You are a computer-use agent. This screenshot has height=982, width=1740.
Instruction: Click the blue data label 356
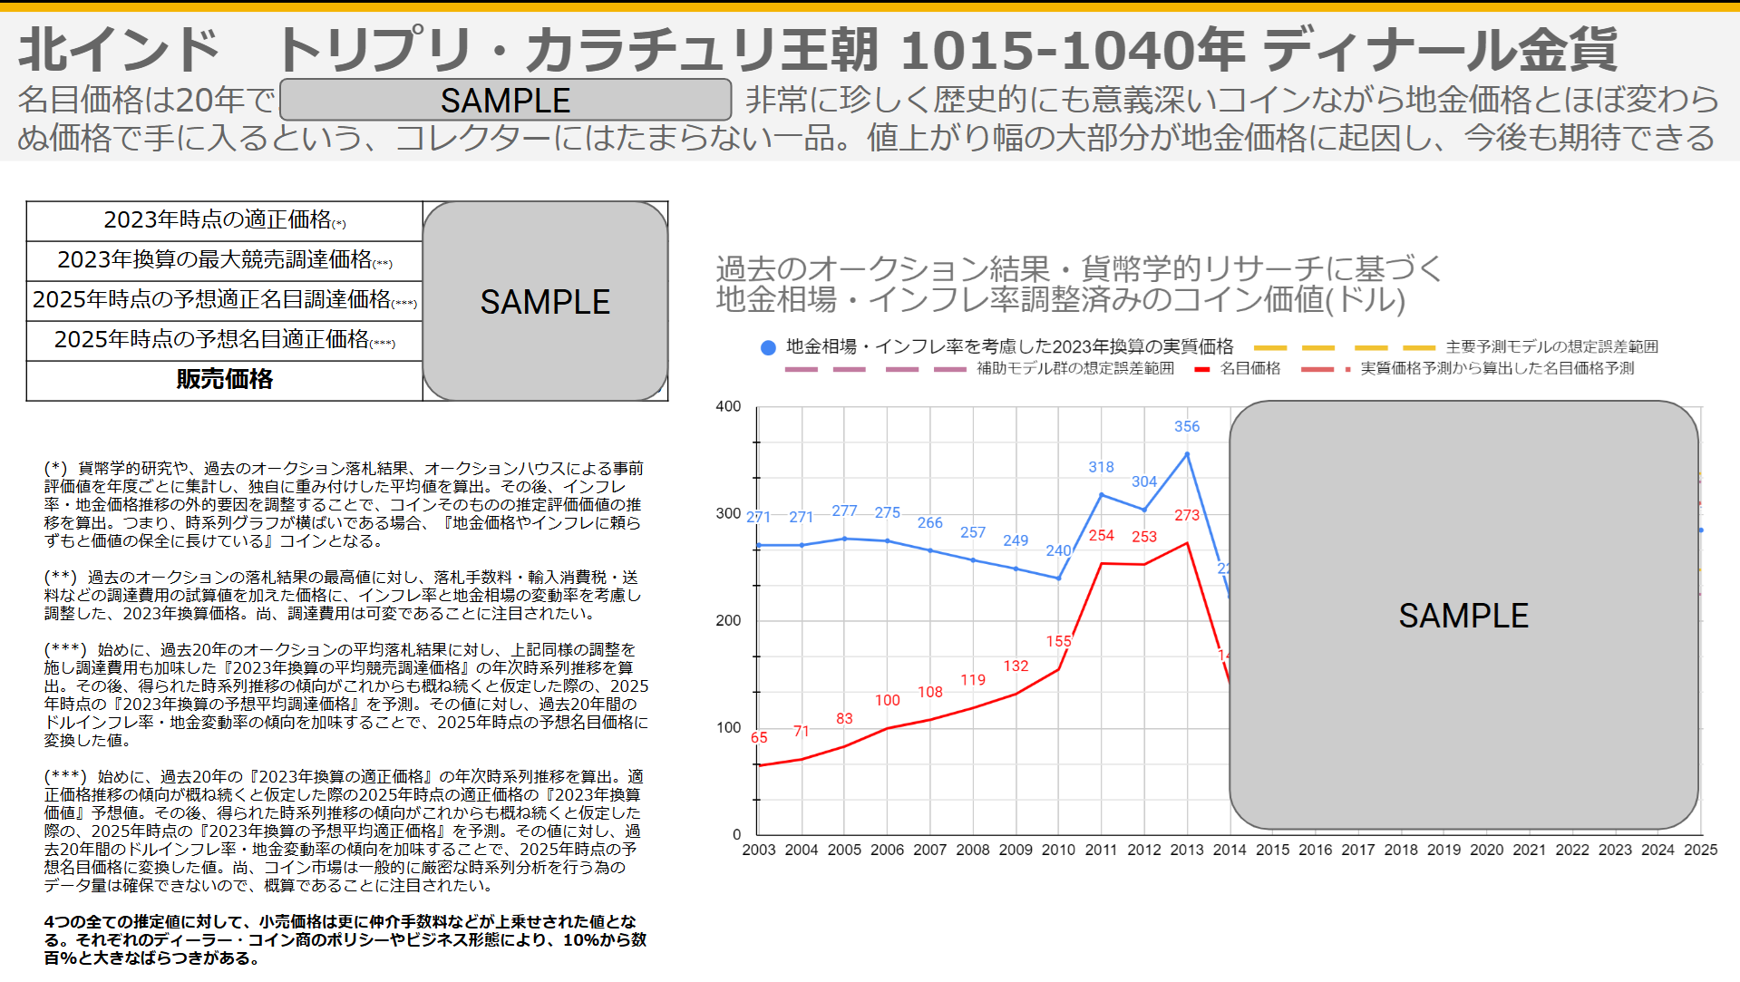1186,426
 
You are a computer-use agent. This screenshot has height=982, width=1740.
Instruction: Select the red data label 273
1186,515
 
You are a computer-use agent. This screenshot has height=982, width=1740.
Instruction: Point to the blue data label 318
1101,467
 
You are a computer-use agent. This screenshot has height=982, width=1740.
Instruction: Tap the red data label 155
1058,641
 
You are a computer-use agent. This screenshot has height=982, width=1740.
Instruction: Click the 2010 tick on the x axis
1058,850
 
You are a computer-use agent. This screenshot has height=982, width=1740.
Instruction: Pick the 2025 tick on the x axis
1700,850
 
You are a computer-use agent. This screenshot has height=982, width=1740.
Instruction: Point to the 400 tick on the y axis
728,406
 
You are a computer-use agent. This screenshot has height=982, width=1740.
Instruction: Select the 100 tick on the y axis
728,727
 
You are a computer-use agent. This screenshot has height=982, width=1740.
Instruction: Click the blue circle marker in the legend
768,347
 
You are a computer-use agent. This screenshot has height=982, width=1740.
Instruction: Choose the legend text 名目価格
1250,368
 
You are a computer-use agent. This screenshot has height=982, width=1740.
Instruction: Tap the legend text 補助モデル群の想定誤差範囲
1074,368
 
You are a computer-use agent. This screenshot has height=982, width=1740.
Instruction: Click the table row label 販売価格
224,379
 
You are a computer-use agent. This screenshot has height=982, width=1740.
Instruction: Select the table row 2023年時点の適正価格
224,220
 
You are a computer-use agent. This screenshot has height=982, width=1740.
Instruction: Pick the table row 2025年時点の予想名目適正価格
224,339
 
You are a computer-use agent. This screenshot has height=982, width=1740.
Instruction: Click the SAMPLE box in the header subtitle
505,100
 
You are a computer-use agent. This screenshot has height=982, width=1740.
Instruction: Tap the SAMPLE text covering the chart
1463,616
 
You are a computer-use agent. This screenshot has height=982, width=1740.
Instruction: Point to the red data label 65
759,737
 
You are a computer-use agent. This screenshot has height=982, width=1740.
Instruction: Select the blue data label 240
1058,550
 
